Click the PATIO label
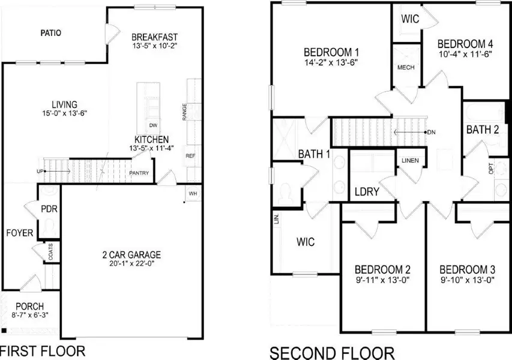pos(51,33)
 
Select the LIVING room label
pos(64,104)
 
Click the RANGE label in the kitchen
pos(184,111)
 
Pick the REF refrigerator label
pos(191,155)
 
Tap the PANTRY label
pos(139,173)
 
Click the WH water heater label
pos(193,194)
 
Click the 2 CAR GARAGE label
pos(131,254)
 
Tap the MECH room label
pos(406,67)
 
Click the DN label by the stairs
pos(431,132)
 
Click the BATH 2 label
pos(483,129)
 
